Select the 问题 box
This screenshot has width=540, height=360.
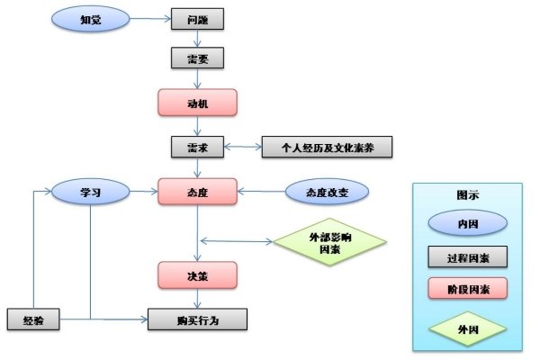(x=197, y=18)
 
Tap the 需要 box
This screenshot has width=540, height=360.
(x=197, y=58)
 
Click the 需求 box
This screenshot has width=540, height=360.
(x=197, y=148)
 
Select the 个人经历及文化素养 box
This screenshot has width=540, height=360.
(x=327, y=148)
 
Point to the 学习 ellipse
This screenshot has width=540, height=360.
(x=90, y=192)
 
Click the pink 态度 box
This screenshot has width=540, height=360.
(x=197, y=192)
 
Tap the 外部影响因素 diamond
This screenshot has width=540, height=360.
(x=329, y=241)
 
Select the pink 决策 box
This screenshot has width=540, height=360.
(x=197, y=274)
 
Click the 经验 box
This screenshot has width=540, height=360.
(x=33, y=319)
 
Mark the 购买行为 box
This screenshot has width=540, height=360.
(x=197, y=319)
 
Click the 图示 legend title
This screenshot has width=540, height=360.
(x=467, y=194)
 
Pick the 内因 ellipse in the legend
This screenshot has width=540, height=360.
(x=467, y=221)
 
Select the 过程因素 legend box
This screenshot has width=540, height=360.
(x=467, y=256)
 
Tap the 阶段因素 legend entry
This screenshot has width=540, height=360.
(x=467, y=289)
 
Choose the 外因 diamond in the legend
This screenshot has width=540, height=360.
(x=467, y=328)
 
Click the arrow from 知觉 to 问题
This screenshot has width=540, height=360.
(x=151, y=18)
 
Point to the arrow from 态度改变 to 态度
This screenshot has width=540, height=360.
(x=261, y=192)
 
